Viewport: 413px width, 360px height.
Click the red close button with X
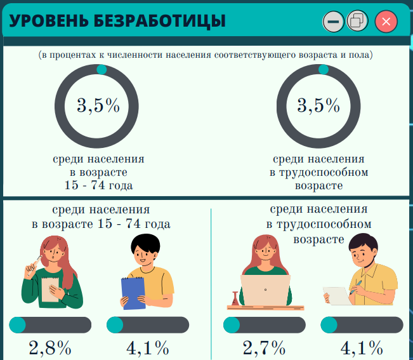click(386, 22)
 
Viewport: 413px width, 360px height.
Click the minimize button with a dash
click(333, 22)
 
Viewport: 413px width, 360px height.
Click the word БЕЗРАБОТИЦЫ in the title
click(159, 21)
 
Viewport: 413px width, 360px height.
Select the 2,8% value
click(50, 348)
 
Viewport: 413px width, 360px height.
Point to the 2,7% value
click(264, 348)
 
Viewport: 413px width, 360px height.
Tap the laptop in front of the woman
click(265, 290)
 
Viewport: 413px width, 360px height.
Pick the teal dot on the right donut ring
click(323, 69)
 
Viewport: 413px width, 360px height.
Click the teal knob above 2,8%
click(17, 325)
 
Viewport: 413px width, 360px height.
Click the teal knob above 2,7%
click(232, 325)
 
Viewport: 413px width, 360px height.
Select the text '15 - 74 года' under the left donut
click(100, 185)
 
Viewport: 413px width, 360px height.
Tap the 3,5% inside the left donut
click(98, 105)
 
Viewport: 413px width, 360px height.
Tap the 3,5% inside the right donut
click(319, 105)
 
